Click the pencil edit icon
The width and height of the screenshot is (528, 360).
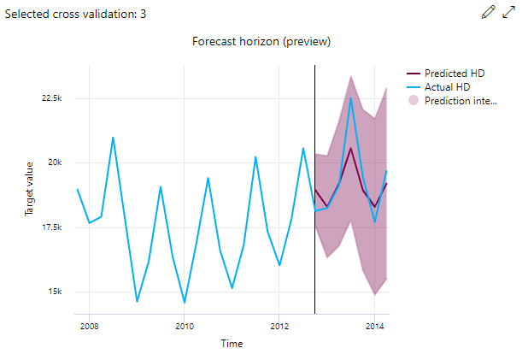coord(488,12)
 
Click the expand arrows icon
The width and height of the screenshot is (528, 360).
coord(509,12)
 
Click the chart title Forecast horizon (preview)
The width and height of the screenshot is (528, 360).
coord(261,42)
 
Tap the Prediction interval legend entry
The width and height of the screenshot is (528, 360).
coord(460,101)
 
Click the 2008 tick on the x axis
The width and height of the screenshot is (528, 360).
coord(89,326)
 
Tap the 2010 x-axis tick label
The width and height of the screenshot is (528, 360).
coord(184,326)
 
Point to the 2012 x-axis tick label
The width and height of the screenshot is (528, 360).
coord(279,326)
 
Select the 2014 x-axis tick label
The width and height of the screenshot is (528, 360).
coord(374,326)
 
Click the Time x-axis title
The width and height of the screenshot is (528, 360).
coord(231,344)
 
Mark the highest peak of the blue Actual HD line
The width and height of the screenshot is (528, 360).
coord(351,97)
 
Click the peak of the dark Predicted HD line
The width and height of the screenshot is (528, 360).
coord(351,148)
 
